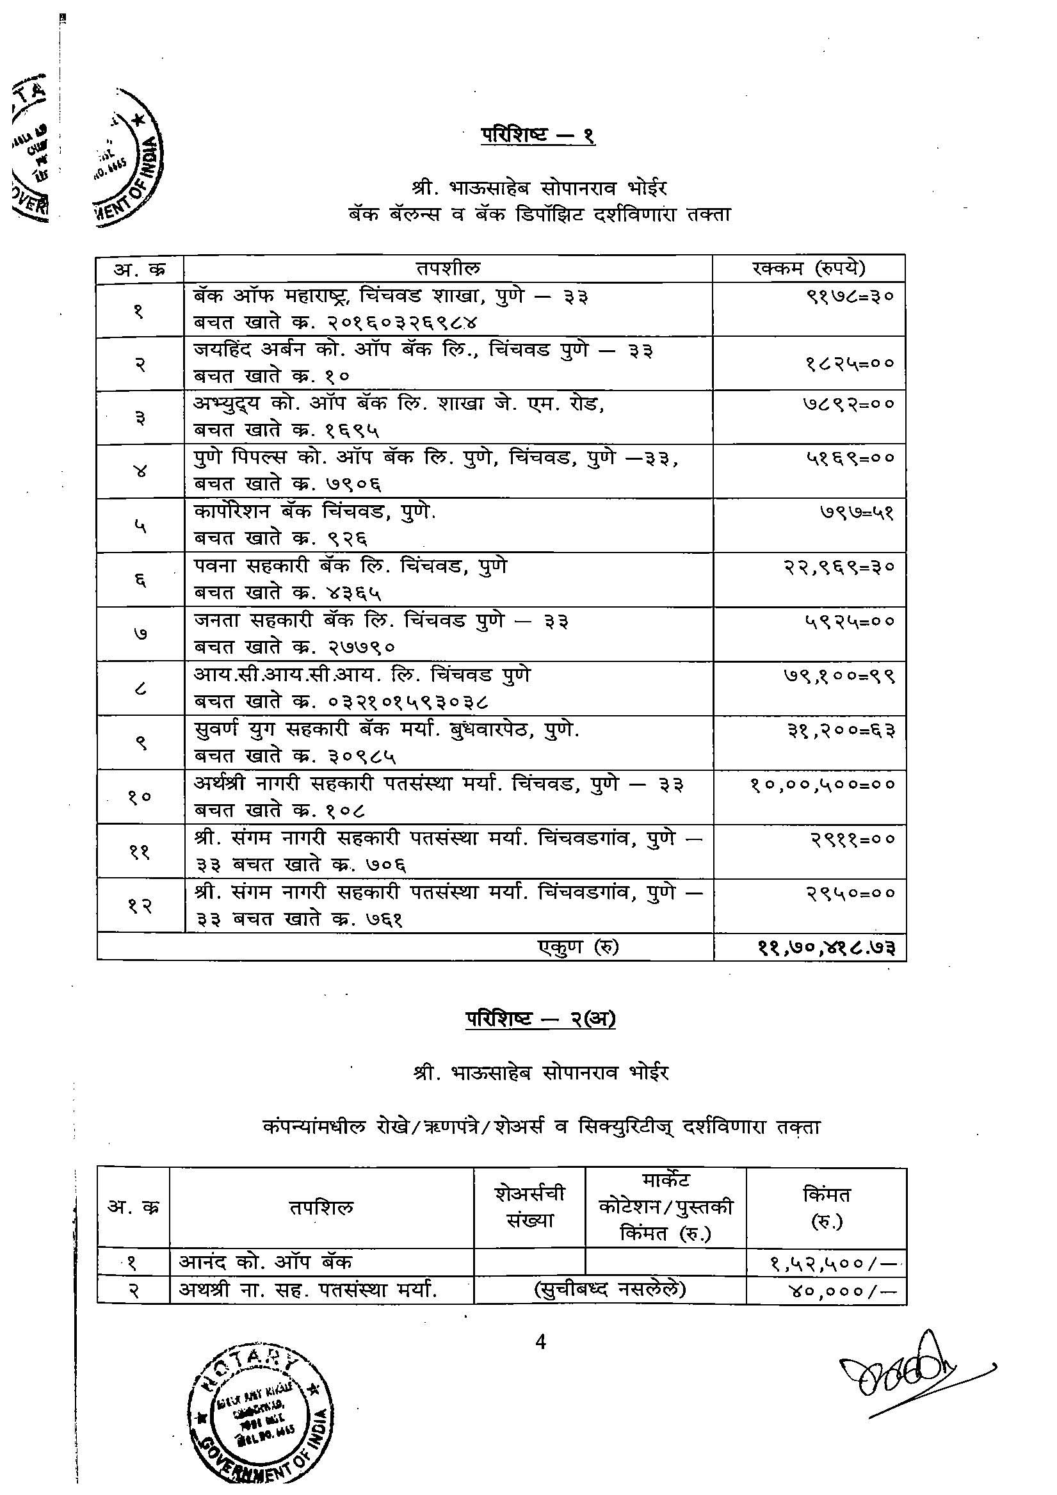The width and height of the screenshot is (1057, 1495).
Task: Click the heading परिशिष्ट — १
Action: tap(538, 136)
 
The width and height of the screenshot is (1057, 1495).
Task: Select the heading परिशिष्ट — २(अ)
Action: tap(540, 1019)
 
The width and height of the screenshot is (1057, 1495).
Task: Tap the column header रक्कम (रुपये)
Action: tap(808, 268)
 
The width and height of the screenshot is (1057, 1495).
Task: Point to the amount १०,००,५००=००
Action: tap(823, 784)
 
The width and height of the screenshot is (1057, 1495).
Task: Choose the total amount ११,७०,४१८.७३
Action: tap(827, 948)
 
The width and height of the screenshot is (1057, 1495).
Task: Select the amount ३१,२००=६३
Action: tap(841, 731)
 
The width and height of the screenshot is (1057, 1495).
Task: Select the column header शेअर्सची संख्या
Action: tap(529, 1206)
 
